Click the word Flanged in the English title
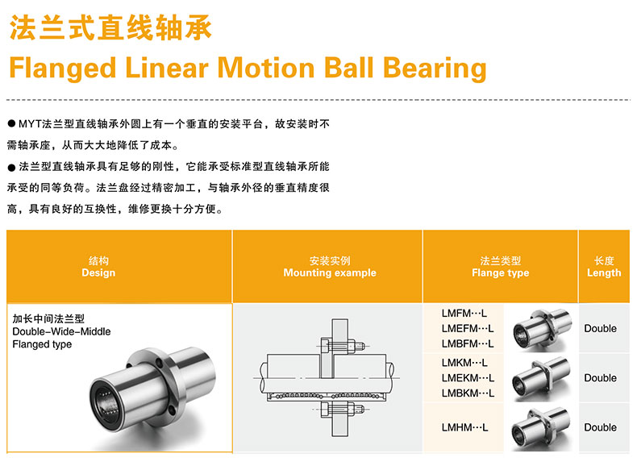point(63,68)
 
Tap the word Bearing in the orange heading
point(435,68)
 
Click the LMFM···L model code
point(464,314)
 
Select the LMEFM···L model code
point(468,328)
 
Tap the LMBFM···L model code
point(468,343)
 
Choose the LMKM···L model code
point(464,362)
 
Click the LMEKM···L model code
point(468,378)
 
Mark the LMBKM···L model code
point(468,393)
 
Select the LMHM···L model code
point(464,427)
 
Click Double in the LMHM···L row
point(601,427)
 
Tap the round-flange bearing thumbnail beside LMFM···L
point(542,328)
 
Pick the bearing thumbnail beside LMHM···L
point(540,429)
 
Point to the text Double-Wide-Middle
point(61,331)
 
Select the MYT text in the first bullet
point(30,124)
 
